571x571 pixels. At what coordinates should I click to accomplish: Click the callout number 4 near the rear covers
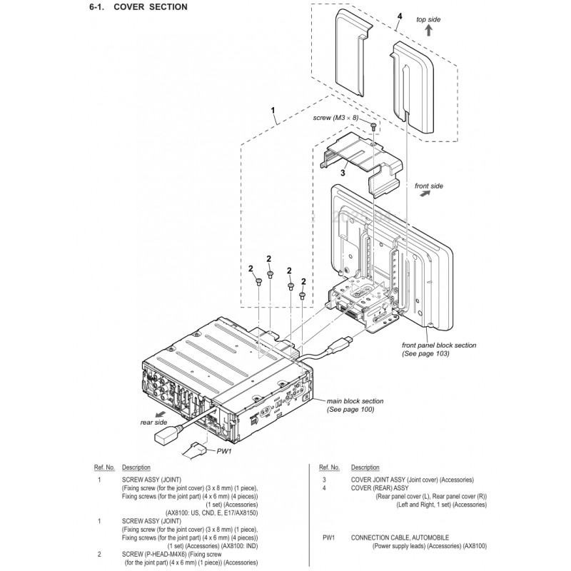click(x=399, y=16)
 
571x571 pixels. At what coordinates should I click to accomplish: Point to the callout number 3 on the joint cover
click(x=343, y=172)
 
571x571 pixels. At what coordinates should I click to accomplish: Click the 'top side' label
click(x=428, y=19)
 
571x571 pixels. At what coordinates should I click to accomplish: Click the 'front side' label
click(x=428, y=186)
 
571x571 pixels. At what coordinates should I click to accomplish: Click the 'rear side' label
click(x=153, y=422)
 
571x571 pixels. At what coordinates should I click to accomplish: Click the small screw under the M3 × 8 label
click(x=373, y=126)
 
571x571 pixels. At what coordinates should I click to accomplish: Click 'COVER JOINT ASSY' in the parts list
click(x=380, y=480)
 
